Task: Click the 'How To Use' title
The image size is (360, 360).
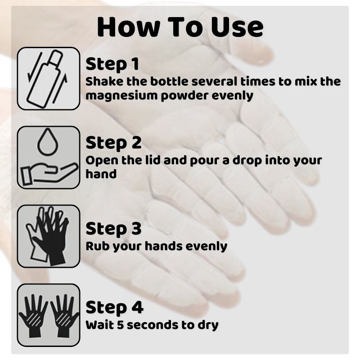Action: tap(180, 27)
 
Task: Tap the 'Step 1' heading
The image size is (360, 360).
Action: tap(112, 64)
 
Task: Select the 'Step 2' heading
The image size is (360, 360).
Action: tap(113, 143)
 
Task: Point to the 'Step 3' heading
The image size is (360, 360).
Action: tap(113, 229)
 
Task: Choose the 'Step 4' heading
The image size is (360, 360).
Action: tap(114, 307)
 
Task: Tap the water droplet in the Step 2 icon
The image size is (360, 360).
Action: tap(47, 142)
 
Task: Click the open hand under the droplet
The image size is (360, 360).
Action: tap(49, 173)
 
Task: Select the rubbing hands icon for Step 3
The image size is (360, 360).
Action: tap(48, 236)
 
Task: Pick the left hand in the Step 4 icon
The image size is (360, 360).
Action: tap(33, 316)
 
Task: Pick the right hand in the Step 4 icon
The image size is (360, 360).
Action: tap(64, 316)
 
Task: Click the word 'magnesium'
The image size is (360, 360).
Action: tap(121, 96)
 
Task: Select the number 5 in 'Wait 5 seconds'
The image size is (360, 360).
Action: tap(120, 325)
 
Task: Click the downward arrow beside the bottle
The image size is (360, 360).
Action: tap(35, 67)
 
